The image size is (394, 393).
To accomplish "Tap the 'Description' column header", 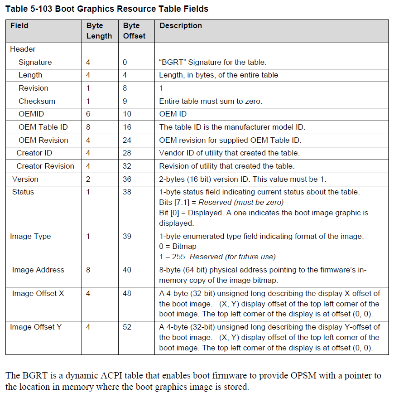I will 181,26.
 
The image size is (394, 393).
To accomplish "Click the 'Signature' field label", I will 35,62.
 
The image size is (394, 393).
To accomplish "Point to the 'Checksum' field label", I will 37,101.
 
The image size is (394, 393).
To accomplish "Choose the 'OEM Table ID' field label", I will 43,127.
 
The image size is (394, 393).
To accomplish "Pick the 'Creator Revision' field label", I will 45,166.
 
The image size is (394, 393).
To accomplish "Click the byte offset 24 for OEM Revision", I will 127,140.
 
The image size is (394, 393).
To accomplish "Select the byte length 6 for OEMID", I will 88,114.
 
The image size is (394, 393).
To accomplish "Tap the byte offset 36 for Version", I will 127,179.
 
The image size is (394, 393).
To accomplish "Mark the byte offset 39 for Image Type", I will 127,236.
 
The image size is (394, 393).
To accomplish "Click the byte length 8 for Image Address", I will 88,270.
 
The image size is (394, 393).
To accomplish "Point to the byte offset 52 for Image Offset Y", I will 127,327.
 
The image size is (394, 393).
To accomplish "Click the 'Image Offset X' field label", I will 38,293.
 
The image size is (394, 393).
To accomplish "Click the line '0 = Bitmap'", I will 178,247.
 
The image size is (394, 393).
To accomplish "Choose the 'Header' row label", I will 23,49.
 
